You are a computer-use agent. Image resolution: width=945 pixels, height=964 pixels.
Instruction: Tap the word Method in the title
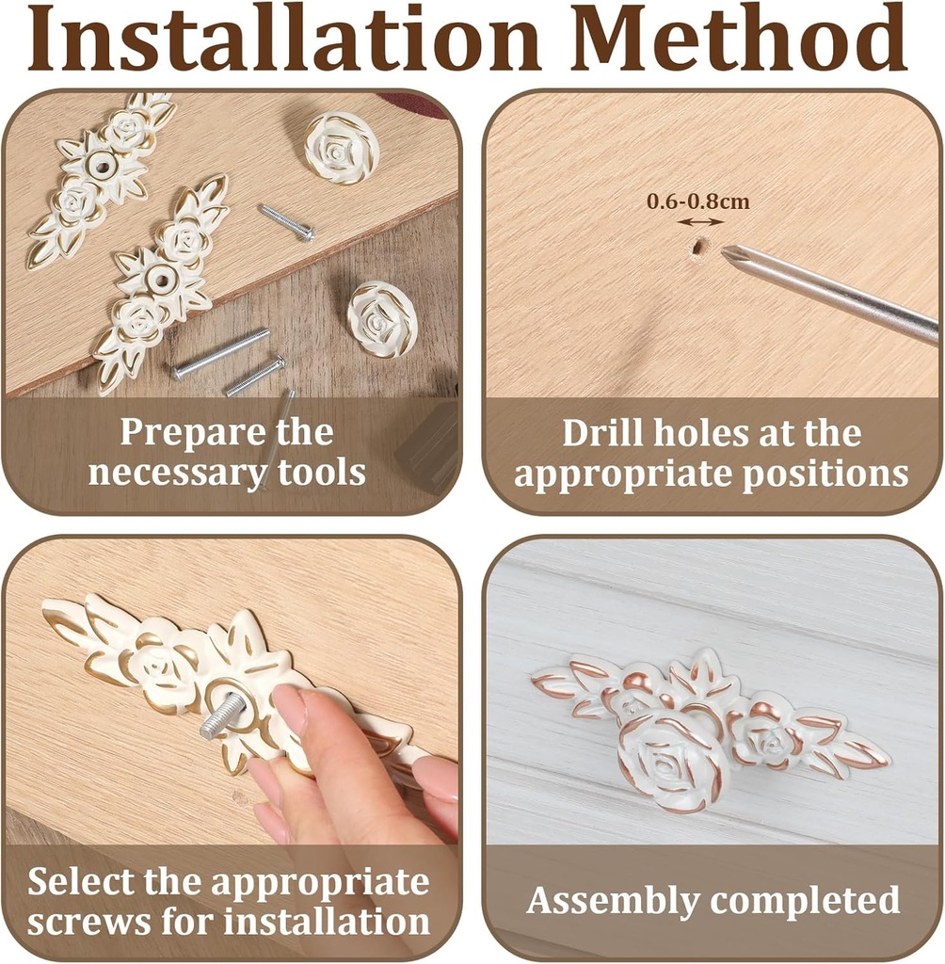tap(740, 38)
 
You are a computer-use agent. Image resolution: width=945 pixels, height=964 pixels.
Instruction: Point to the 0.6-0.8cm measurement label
tap(697, 201)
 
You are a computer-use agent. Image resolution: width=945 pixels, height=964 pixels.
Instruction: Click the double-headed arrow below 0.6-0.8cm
tap(700, 222)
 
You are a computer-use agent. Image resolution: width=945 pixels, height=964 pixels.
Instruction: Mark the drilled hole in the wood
tap(697, 248)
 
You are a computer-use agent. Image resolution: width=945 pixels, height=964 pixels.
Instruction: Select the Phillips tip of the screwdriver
tap(731, 254)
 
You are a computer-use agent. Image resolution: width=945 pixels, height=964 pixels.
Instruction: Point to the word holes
tap(701, 433)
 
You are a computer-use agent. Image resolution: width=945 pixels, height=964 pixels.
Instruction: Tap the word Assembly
tap(613, 902)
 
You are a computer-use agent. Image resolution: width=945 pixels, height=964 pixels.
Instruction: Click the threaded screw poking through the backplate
tap(221, 714)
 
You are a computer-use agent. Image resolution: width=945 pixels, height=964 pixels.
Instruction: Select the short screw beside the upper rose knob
tap(286, 222)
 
